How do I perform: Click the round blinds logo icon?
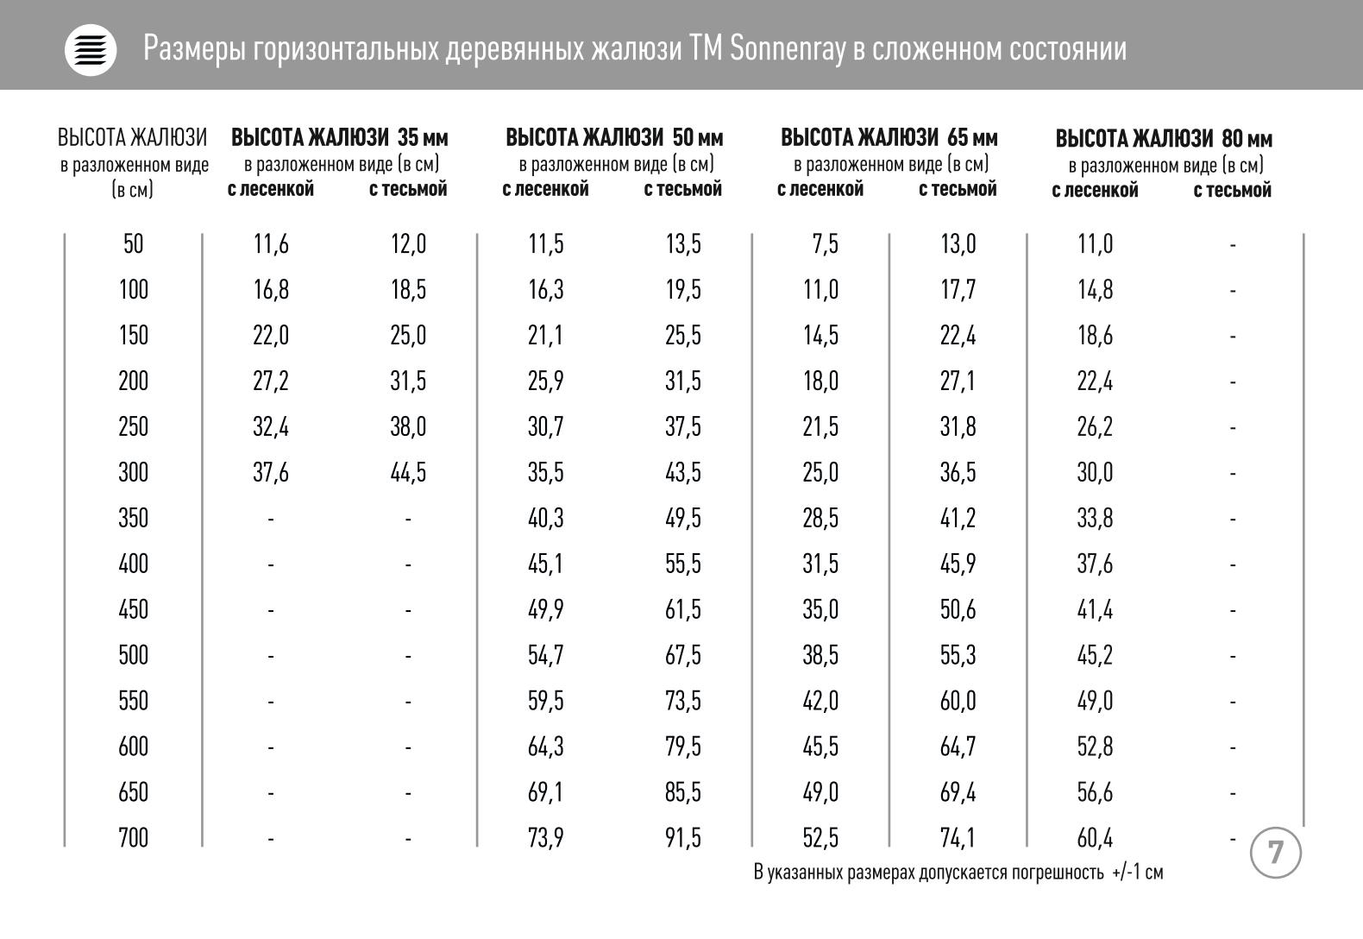(x=91, y=50)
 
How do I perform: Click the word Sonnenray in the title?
(x=788, y=48)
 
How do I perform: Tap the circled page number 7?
(x=1275, y=853)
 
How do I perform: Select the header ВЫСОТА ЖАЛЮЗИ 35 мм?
(x=340, y=138)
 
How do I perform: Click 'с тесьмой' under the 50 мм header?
(x=682, y=189)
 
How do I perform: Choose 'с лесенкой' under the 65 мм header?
(x=820, y=189)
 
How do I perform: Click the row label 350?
(x=133, y=518)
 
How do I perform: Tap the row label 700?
(x=133, y=838)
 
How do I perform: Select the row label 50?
(x=133, y=244)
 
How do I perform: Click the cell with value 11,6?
(x=271, y=244)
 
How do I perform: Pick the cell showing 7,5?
(x=825, y=244)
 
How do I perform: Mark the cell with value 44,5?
(x=408, y=473)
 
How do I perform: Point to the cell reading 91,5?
(x=682, y=838)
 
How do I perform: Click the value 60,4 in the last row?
(x=1095, y=838)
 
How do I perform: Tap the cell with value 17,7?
(x=958, y=290)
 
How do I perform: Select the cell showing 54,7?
(x=546, y=655)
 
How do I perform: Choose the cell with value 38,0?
(x=408, y=427)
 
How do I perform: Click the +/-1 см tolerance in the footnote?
(x=1137, y=873)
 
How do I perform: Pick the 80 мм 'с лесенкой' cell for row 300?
(x=1095, y=473)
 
